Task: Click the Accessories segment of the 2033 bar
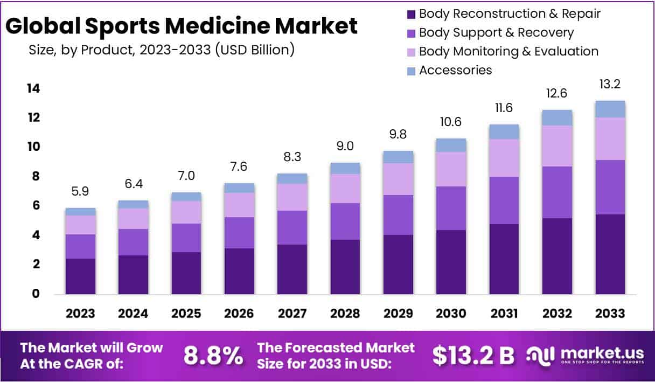click(x=610, y=109)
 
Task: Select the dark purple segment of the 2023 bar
click(x=80, y=276)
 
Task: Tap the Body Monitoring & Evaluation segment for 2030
click(x=451, y=169)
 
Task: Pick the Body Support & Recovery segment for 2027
click(x=292, y=227)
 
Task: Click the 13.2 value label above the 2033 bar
click(x=610, y=85)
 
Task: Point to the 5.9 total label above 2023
click(x=80, y=191)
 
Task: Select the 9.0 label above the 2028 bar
click(x=345, y=147)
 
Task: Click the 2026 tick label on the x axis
click(x=239, y=313)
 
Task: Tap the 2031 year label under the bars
click(x=504, y=313)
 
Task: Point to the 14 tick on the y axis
click(x=33, y=88)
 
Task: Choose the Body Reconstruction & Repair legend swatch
click(x=412, y=14)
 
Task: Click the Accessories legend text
click(x=455, y=70)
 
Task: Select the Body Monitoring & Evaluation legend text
click(x=508, y=51)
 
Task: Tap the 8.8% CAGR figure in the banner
click(x=213, y=356)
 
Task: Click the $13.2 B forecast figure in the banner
click(x=473, y=356)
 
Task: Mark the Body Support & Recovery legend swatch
click(x=412, y=33)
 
